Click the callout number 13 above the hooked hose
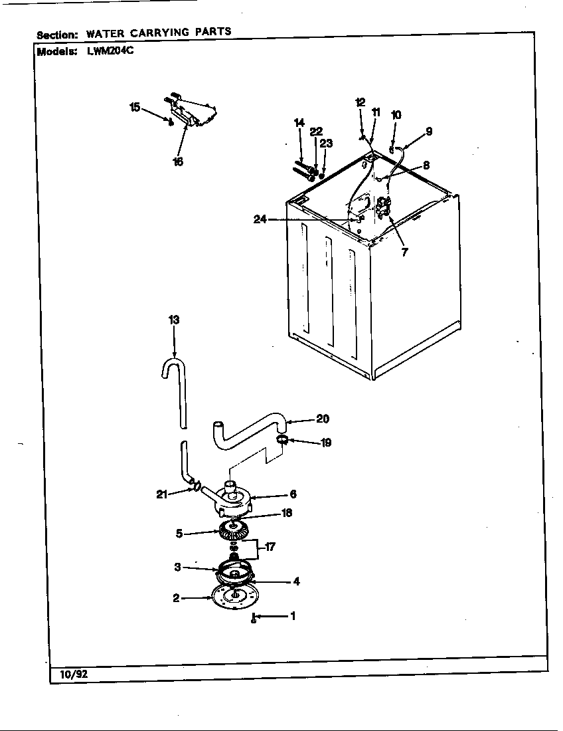[x=174, y=320]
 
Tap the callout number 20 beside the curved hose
[x=323, y=419]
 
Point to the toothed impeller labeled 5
[x=232, y=531]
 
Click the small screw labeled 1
[x=254, y=619]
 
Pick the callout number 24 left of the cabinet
[x=260, y=219]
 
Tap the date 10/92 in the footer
[x=68, y=674]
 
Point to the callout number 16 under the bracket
[x=178, y=161]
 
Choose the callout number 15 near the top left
[x=135, y=107]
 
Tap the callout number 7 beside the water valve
[x=404, y=252]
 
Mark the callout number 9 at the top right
[x=429, y=131]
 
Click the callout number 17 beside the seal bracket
[x=270, y=547]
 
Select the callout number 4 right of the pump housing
[x=296, y=581]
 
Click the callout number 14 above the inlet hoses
[x=299, y=123]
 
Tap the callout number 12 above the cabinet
[x=360, y=102]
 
